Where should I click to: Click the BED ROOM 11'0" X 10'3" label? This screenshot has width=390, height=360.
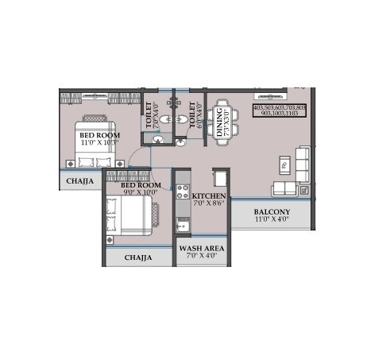pos(99,140)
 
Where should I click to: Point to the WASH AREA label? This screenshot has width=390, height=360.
pos(202,248)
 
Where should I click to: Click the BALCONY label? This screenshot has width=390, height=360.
pos(272,211)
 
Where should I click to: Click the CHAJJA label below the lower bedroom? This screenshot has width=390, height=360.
pos(137,257)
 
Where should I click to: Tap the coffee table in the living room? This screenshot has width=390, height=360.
pos(284,165)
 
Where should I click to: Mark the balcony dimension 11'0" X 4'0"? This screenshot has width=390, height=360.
pos(272,222)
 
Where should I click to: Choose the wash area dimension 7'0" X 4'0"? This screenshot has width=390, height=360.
pos(202,257)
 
